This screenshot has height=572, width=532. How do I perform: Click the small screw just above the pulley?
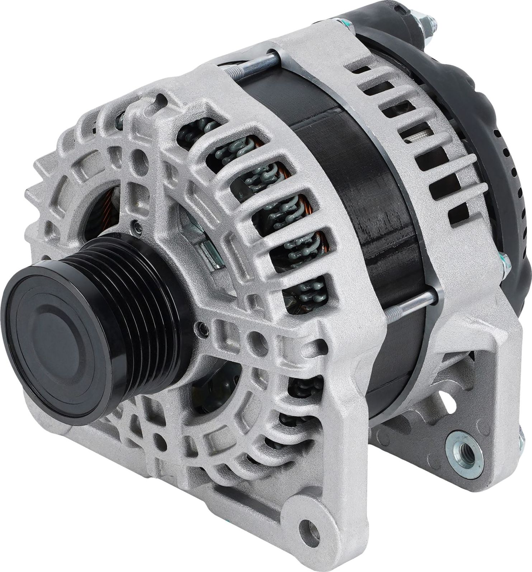click(136, 225)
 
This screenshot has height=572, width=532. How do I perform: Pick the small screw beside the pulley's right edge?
click(202, 327)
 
